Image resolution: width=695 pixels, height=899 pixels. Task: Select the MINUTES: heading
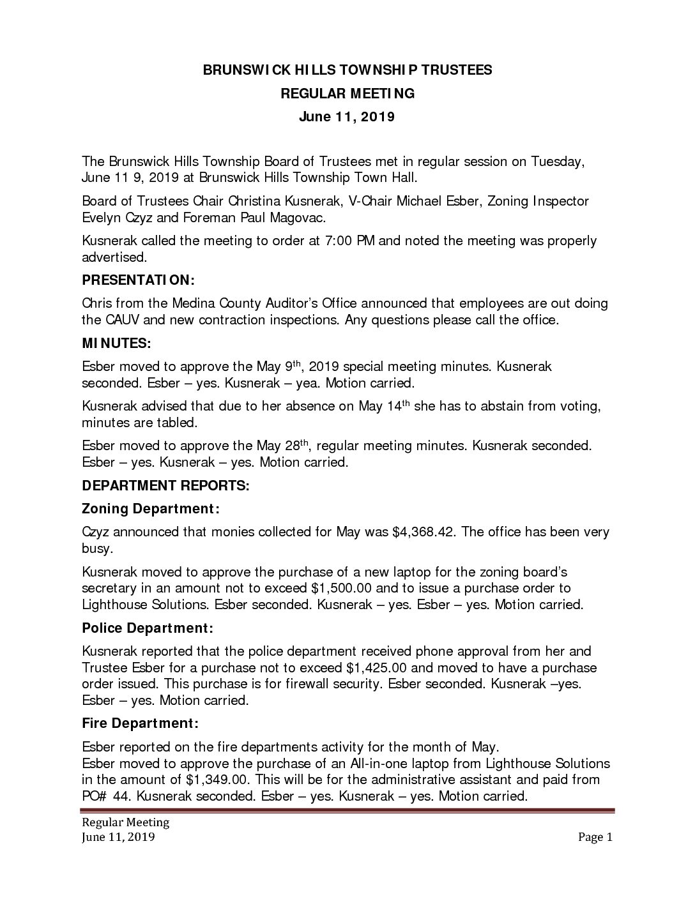pyautogui.click(x=117, y=344)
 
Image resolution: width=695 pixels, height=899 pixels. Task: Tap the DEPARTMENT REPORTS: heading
pyautogui.click(x=165, y=485)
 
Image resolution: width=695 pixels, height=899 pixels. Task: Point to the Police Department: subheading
pyautogui.click(x=147, y=628)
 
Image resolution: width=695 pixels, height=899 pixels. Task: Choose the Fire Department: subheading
pyautogui.click(x=141, y=723)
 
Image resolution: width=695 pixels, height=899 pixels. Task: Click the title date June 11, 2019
pyautogui.click(x=347, y=117)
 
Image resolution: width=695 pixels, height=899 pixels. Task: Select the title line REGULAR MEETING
pyautogui.click(x=347, y=94)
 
